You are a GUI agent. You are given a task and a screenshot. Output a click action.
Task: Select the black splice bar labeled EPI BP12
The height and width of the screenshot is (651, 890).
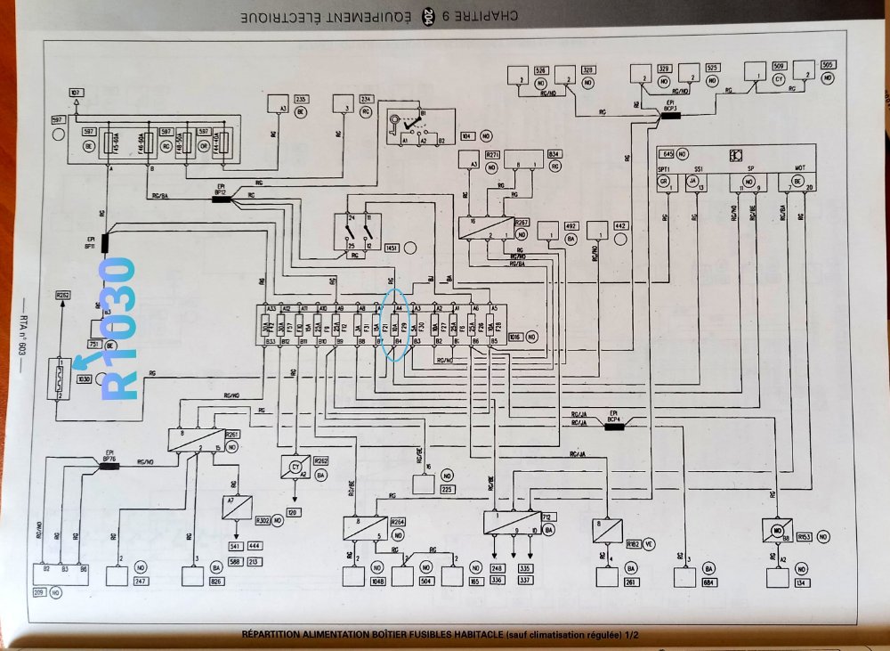coord(222,199)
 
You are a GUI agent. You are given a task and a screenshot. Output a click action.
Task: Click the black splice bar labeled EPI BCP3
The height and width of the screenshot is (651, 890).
coord(669,115)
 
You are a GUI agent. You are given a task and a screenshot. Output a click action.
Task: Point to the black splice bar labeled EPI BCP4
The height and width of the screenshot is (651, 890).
coord(613,427)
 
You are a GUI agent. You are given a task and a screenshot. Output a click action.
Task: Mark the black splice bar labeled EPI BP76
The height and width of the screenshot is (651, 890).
coord(109,465)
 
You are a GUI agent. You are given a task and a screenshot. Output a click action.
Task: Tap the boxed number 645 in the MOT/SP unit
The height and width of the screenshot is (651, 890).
coord(669,154)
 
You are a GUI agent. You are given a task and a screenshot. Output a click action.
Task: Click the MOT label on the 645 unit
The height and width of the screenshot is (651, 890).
coord(798,168)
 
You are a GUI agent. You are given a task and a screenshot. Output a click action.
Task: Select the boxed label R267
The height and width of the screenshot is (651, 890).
coord(522,223)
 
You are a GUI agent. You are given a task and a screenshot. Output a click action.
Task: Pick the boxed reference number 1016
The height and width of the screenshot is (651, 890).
coord(514,338)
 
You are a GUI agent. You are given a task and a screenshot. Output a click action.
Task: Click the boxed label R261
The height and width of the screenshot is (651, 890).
coord(232,434)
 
